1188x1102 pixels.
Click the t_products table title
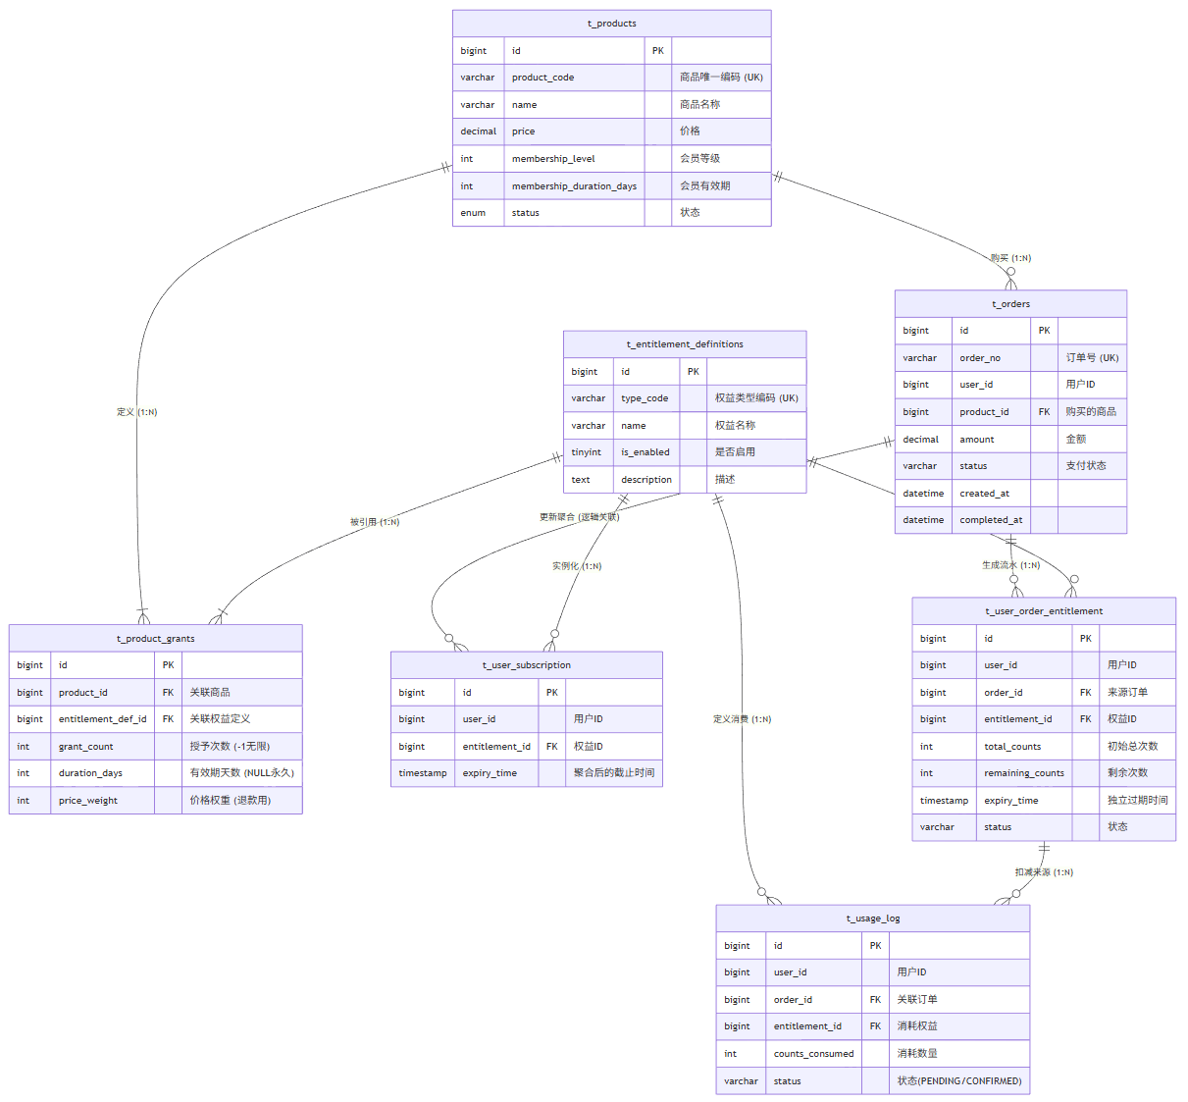point(611,24)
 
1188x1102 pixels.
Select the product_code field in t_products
point(542,78)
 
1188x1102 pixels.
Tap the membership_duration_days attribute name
point(574,186)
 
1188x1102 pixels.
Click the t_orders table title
point(1010,304)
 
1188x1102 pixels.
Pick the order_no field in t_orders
point(980,358)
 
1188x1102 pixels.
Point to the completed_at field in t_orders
point(991,520)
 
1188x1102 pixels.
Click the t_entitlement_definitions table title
point(685,344)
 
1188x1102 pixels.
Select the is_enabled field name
point(645,452)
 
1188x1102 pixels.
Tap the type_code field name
point(645,398)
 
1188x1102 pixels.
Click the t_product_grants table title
point(155,639)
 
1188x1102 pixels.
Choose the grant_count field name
point(85,747)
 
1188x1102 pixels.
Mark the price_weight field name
point(87,801)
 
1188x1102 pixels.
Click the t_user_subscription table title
point(526,665)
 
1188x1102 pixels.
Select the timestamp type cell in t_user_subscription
point(422,773)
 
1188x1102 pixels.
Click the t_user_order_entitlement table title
point(1044,611)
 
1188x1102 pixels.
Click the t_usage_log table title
point(873,918)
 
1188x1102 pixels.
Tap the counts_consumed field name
point(813,1054)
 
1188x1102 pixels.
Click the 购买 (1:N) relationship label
point(1010,258)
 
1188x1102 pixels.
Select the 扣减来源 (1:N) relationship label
point(1044,872)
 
